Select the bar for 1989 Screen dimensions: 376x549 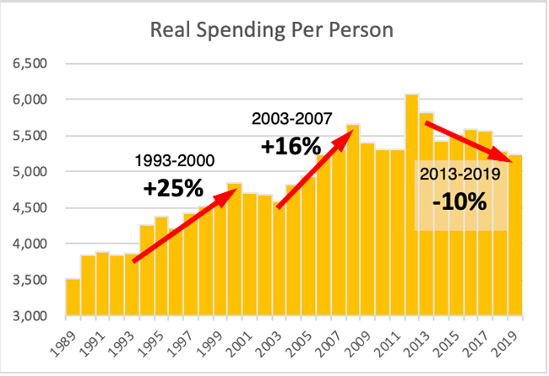point(73,297)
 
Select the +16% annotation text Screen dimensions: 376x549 point(288,146)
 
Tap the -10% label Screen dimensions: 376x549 point(461,202)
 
